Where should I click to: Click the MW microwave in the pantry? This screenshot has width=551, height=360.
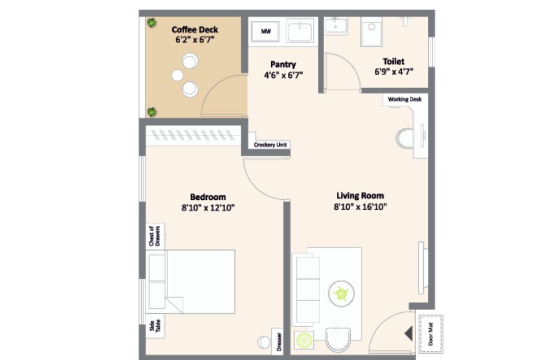point(265,31)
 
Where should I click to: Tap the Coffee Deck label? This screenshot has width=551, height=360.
point(195,29)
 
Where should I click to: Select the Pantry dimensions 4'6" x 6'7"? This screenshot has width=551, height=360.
point(283,75)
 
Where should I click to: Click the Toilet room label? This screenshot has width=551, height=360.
point(394,62)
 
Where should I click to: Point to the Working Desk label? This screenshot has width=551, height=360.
point(404,99)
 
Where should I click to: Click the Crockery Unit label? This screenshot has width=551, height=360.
point(270,145)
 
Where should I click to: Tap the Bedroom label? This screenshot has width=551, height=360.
point(208,197)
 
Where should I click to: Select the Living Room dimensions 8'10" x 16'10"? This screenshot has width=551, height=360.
point(360,206)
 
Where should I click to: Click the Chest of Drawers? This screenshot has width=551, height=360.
point(155,236)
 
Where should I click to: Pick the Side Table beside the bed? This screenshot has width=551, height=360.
point(155,326)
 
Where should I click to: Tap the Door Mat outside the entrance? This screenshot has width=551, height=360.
point(431,334)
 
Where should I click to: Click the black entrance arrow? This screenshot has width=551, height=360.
point(409,334)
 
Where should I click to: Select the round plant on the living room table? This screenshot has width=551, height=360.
point(341,293)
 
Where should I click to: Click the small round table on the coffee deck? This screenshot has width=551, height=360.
point(177,75)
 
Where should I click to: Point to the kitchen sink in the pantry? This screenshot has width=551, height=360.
point(300,31)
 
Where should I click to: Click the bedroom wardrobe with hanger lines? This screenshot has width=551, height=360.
point(193,135)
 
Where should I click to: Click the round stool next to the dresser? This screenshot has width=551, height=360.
point(264,342)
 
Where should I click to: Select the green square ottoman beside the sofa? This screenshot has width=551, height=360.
point(303,340)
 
